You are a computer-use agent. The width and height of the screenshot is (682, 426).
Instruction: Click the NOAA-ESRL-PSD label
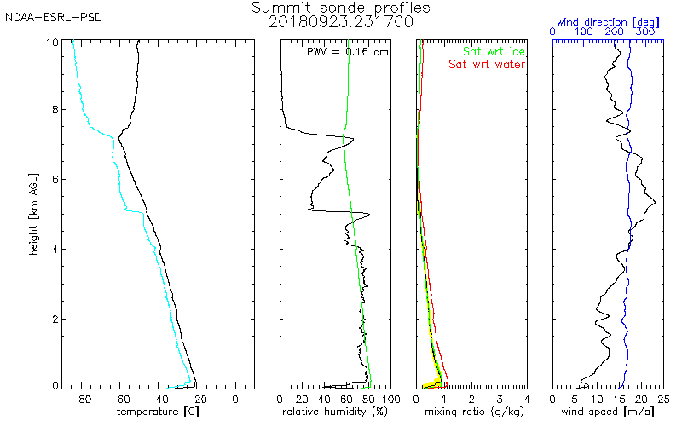coord(54,18)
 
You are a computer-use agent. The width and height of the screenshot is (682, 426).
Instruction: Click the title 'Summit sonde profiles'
coord(341,8)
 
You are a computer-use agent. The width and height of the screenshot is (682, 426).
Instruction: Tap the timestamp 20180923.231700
coord(341,21)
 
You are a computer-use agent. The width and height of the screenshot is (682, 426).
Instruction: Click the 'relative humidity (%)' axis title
coord(336,412)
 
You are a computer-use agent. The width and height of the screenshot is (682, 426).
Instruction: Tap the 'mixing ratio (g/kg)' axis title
coord(471,412)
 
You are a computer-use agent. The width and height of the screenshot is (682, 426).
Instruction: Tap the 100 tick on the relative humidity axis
coord(391,398)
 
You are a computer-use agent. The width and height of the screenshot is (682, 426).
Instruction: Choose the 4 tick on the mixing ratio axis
coord(527,398)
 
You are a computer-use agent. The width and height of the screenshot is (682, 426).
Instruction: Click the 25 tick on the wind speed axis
coord(662,398)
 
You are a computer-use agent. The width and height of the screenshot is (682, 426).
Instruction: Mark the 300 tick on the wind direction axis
coord(645,32)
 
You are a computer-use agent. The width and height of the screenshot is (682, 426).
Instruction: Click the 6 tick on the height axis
coord(55,179)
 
